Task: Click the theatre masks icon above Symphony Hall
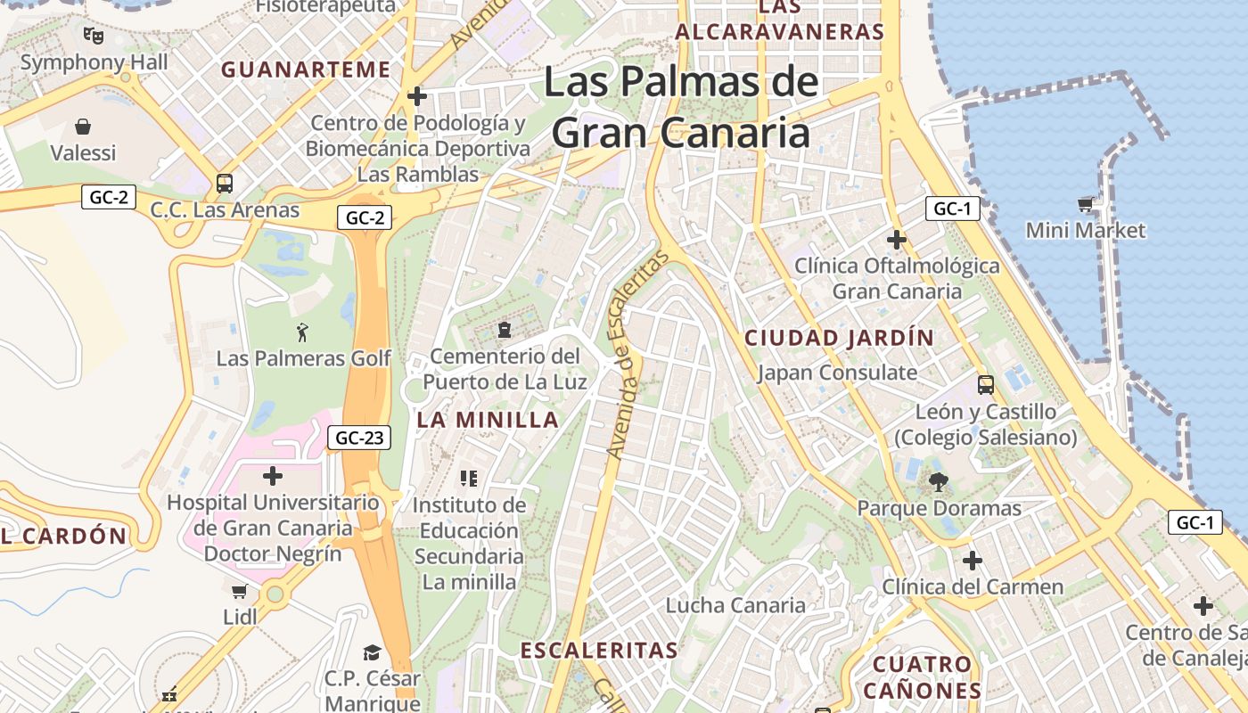[94, 36]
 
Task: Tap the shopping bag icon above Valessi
[83, 127]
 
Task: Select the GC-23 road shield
[359, 438]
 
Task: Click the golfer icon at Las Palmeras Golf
[303, 332]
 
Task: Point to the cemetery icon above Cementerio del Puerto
[505, 330]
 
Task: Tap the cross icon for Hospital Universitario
[273, 476]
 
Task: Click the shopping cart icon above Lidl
[239, 591]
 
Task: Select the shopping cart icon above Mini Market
[1085, 205]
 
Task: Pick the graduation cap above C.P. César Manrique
[372, 653]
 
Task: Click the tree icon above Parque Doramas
[938, 483]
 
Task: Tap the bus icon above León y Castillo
[986, 385]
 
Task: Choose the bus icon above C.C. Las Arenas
[225, 184]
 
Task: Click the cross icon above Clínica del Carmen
[973, 561]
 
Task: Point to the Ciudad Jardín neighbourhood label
[839, 339]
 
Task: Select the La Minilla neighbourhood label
[488, 420]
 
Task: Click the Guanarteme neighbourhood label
[306, 70]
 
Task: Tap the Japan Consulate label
[837, 373]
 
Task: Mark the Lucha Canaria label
[735, 606]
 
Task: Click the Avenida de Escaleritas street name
[636, 356]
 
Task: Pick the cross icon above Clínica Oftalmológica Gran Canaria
[897, 240]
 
